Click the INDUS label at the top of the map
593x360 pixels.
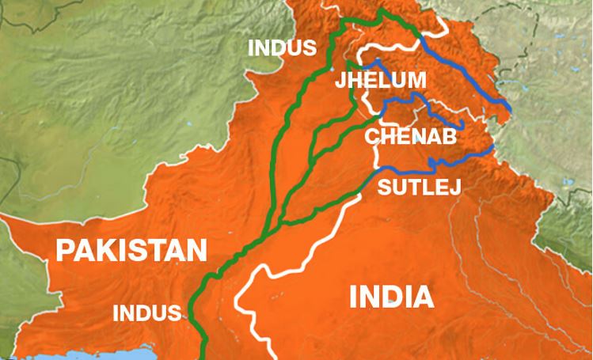tap(282, 48)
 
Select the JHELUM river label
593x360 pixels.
tap(381, 81)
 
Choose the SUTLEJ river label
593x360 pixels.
tap(419, 188)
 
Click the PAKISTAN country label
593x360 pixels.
tap(131, 252)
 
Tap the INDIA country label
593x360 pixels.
tap(391, 298)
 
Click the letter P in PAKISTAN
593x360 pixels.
tap(64, 252)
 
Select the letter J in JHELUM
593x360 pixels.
tap(340, 81)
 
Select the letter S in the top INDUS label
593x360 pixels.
tap(309, 48)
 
